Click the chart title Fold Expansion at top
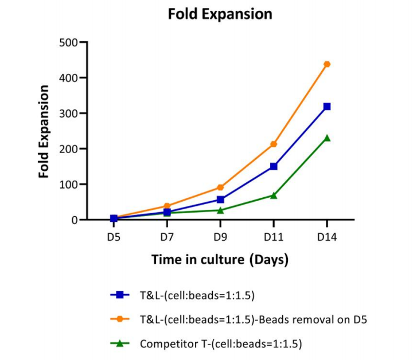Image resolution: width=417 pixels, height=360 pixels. coord(220,14)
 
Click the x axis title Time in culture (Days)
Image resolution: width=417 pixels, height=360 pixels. coord(220,260)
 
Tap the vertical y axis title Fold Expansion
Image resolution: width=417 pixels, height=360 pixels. coord(44,131)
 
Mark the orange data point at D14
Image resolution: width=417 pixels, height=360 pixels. coord(327,64)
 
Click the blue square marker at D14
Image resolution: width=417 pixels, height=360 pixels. coord(327,107)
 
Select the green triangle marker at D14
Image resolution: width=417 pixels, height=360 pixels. coord(327,138)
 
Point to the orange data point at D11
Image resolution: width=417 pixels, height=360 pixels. coord(274,144)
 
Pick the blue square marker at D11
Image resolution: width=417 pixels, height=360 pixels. coord(274,166)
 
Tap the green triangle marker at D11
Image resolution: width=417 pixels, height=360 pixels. coord(274,195)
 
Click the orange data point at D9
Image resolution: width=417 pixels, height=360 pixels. coord(220,187)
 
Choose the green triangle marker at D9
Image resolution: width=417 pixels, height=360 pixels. coord(220,210)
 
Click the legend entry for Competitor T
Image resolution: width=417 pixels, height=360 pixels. coord(221,344)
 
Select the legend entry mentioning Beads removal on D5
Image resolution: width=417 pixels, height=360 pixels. coord(253,320)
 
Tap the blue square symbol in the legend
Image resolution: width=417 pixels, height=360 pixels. coord(120,295)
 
